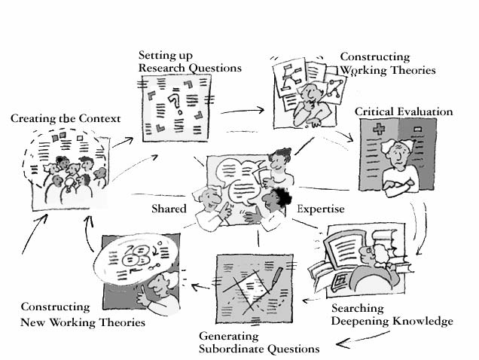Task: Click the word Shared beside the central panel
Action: (169, 209)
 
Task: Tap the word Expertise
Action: (321, 209)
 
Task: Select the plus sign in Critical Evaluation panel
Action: (379, 129)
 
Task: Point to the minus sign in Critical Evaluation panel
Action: (417, 130)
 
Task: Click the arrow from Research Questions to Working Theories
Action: (243, 111)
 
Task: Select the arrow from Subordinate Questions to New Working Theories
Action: (200, 287)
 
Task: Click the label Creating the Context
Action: (66, 118)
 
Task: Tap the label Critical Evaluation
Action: (404, 111)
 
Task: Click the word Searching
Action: (358, 309)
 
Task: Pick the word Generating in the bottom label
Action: (229, 337)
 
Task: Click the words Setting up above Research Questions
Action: (166, 56)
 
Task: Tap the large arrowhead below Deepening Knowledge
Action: (343, 343)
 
